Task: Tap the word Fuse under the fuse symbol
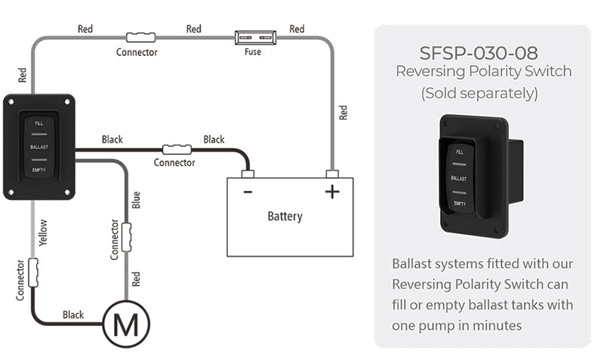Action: tap(254, 52)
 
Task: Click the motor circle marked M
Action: tap(125, 324)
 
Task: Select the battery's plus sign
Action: tap(332, 192)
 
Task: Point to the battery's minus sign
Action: tap(248, 192)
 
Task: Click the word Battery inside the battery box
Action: tap(285, 217)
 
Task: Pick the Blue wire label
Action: tap(136, 200)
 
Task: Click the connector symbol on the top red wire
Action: tap(140, 35)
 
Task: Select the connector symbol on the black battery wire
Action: tap(177, 149)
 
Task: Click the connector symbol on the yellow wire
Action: tap(32, 267)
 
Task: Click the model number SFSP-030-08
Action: tap(483, 54)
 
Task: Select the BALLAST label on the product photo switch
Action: tap(458, 178)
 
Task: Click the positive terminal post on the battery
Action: tap(331, 174)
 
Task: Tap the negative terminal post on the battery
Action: tap(247, 174)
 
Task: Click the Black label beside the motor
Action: tap(73, 315)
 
